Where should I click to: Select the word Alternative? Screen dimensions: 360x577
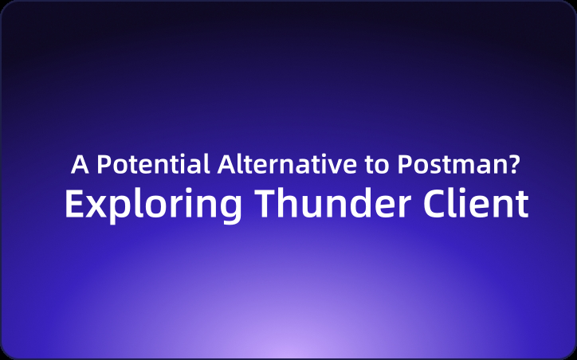[x=286, y=165]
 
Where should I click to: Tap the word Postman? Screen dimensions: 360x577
[x=450, y=165]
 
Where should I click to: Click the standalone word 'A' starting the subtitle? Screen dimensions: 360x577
[x=79, y=165]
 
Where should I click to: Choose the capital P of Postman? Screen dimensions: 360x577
[x=404, y=165]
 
